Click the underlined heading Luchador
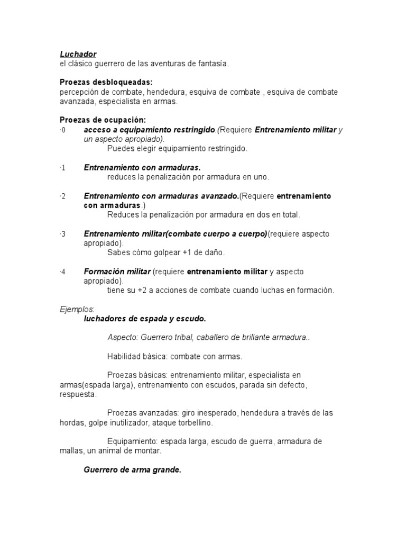point(78,54)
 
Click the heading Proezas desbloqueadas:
point(106,83)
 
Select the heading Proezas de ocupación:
point(101,121)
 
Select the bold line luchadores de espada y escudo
point(145,319)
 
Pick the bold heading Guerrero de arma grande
point(133,469)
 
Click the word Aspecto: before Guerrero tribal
point(123,338)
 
